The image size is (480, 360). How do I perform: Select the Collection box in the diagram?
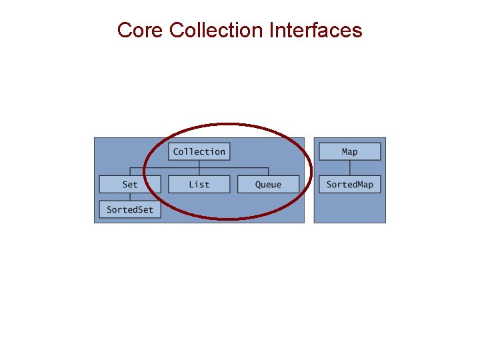point(199,151)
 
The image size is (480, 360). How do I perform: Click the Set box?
point(130,185)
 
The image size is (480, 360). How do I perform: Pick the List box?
point(199,185)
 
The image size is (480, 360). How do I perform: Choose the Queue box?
point(268,185)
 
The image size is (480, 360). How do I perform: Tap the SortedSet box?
point(130,209)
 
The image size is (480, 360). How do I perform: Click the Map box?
point(349,151)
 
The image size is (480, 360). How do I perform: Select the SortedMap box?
point(349,185)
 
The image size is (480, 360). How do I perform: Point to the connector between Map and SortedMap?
point(349,168)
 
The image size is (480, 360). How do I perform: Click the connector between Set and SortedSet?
point(130,197)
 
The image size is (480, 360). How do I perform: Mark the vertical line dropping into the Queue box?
point(268,171)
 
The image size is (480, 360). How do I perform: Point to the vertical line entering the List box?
point(199,172)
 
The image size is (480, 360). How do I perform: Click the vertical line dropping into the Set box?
point(130,171)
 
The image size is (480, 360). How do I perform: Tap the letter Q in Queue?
point(258,185)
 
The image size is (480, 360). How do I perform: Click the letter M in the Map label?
point(345,151)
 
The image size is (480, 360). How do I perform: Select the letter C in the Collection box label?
point(176,151)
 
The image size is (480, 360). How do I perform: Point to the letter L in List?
point(191,185)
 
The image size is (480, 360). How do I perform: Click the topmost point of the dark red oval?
point(228,124)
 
